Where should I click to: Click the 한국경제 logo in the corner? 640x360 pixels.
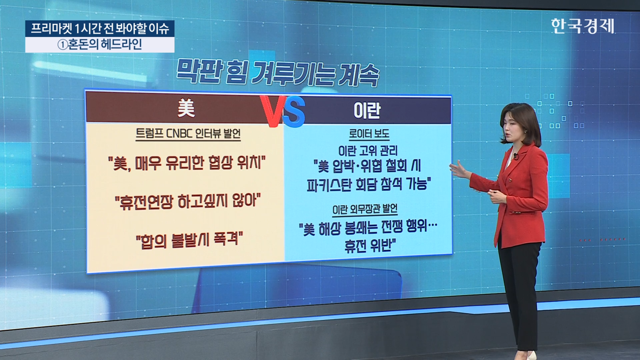tap(583, 26)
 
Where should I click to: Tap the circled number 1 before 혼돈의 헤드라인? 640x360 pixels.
tap(63, 45)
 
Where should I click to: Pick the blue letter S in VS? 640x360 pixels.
tap(294, 112)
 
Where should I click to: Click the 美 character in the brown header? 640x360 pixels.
tap(186, 108)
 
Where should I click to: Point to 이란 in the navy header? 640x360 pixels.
tap(367, 111)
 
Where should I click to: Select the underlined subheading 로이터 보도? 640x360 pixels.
tap(369, 134)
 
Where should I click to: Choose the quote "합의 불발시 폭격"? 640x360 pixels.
tap(189, 240)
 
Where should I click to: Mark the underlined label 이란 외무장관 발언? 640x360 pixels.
tap(365, 209)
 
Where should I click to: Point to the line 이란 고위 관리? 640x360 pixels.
tap(368, 151)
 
